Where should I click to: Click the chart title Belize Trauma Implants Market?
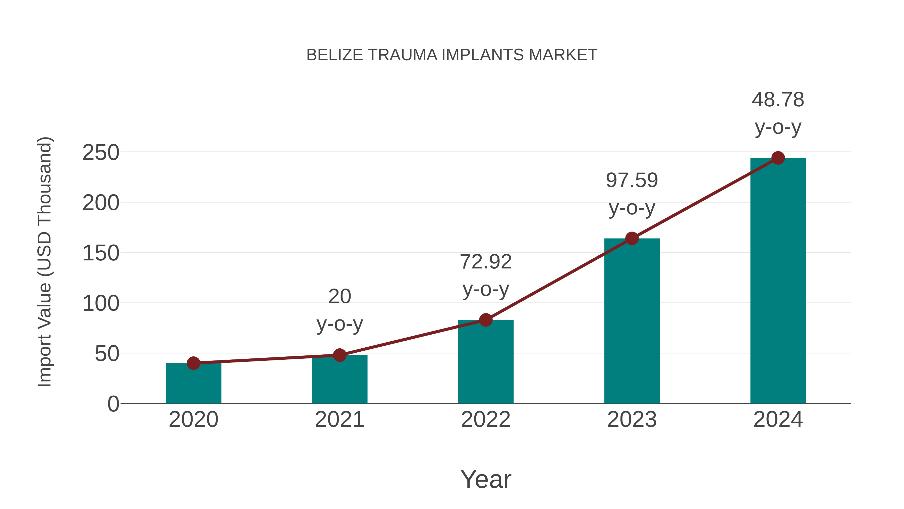click(x=452, y=55)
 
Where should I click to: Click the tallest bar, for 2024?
click(x=778, y=281)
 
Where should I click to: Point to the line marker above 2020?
click(x=193, y=363)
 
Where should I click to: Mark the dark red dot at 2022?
click(x=486, y=320)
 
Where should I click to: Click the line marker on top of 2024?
click(x=778, y=158)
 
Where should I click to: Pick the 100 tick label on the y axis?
click(x=101, y=303)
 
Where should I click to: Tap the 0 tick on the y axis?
click(x=113, y=404)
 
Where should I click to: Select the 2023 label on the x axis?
click(x=632, y=420)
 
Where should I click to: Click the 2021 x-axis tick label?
click(x=339, y=420)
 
